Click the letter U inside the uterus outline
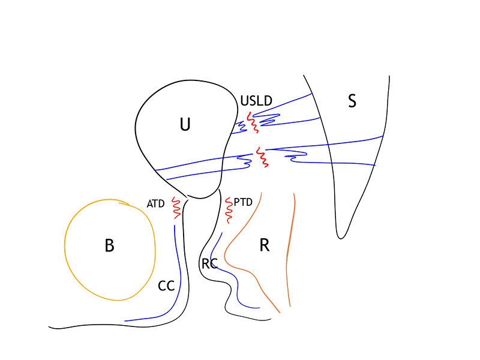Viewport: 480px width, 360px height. (185, 124)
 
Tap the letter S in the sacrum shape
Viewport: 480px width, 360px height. (352, 101)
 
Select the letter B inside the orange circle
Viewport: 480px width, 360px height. (110, 245)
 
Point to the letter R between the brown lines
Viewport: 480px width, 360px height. (265, 245)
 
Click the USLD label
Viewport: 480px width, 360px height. (256, 101)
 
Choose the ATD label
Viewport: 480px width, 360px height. (155, 203)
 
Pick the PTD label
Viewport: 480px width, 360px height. (243, 202)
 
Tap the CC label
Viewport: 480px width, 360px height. (166, 286)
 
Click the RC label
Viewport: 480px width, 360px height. (209, 263)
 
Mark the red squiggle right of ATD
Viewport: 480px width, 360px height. (176, 208)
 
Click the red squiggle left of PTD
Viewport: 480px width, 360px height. (229, 211)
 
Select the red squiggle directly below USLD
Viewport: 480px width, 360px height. (253, 122)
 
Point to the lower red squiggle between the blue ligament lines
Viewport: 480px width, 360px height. (262, 157)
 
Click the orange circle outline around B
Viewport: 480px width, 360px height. (65, 245)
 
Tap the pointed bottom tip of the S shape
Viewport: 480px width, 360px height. (340, 238)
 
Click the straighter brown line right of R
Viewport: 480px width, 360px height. (288, 250)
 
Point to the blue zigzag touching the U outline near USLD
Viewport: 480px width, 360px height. (239, 127)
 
